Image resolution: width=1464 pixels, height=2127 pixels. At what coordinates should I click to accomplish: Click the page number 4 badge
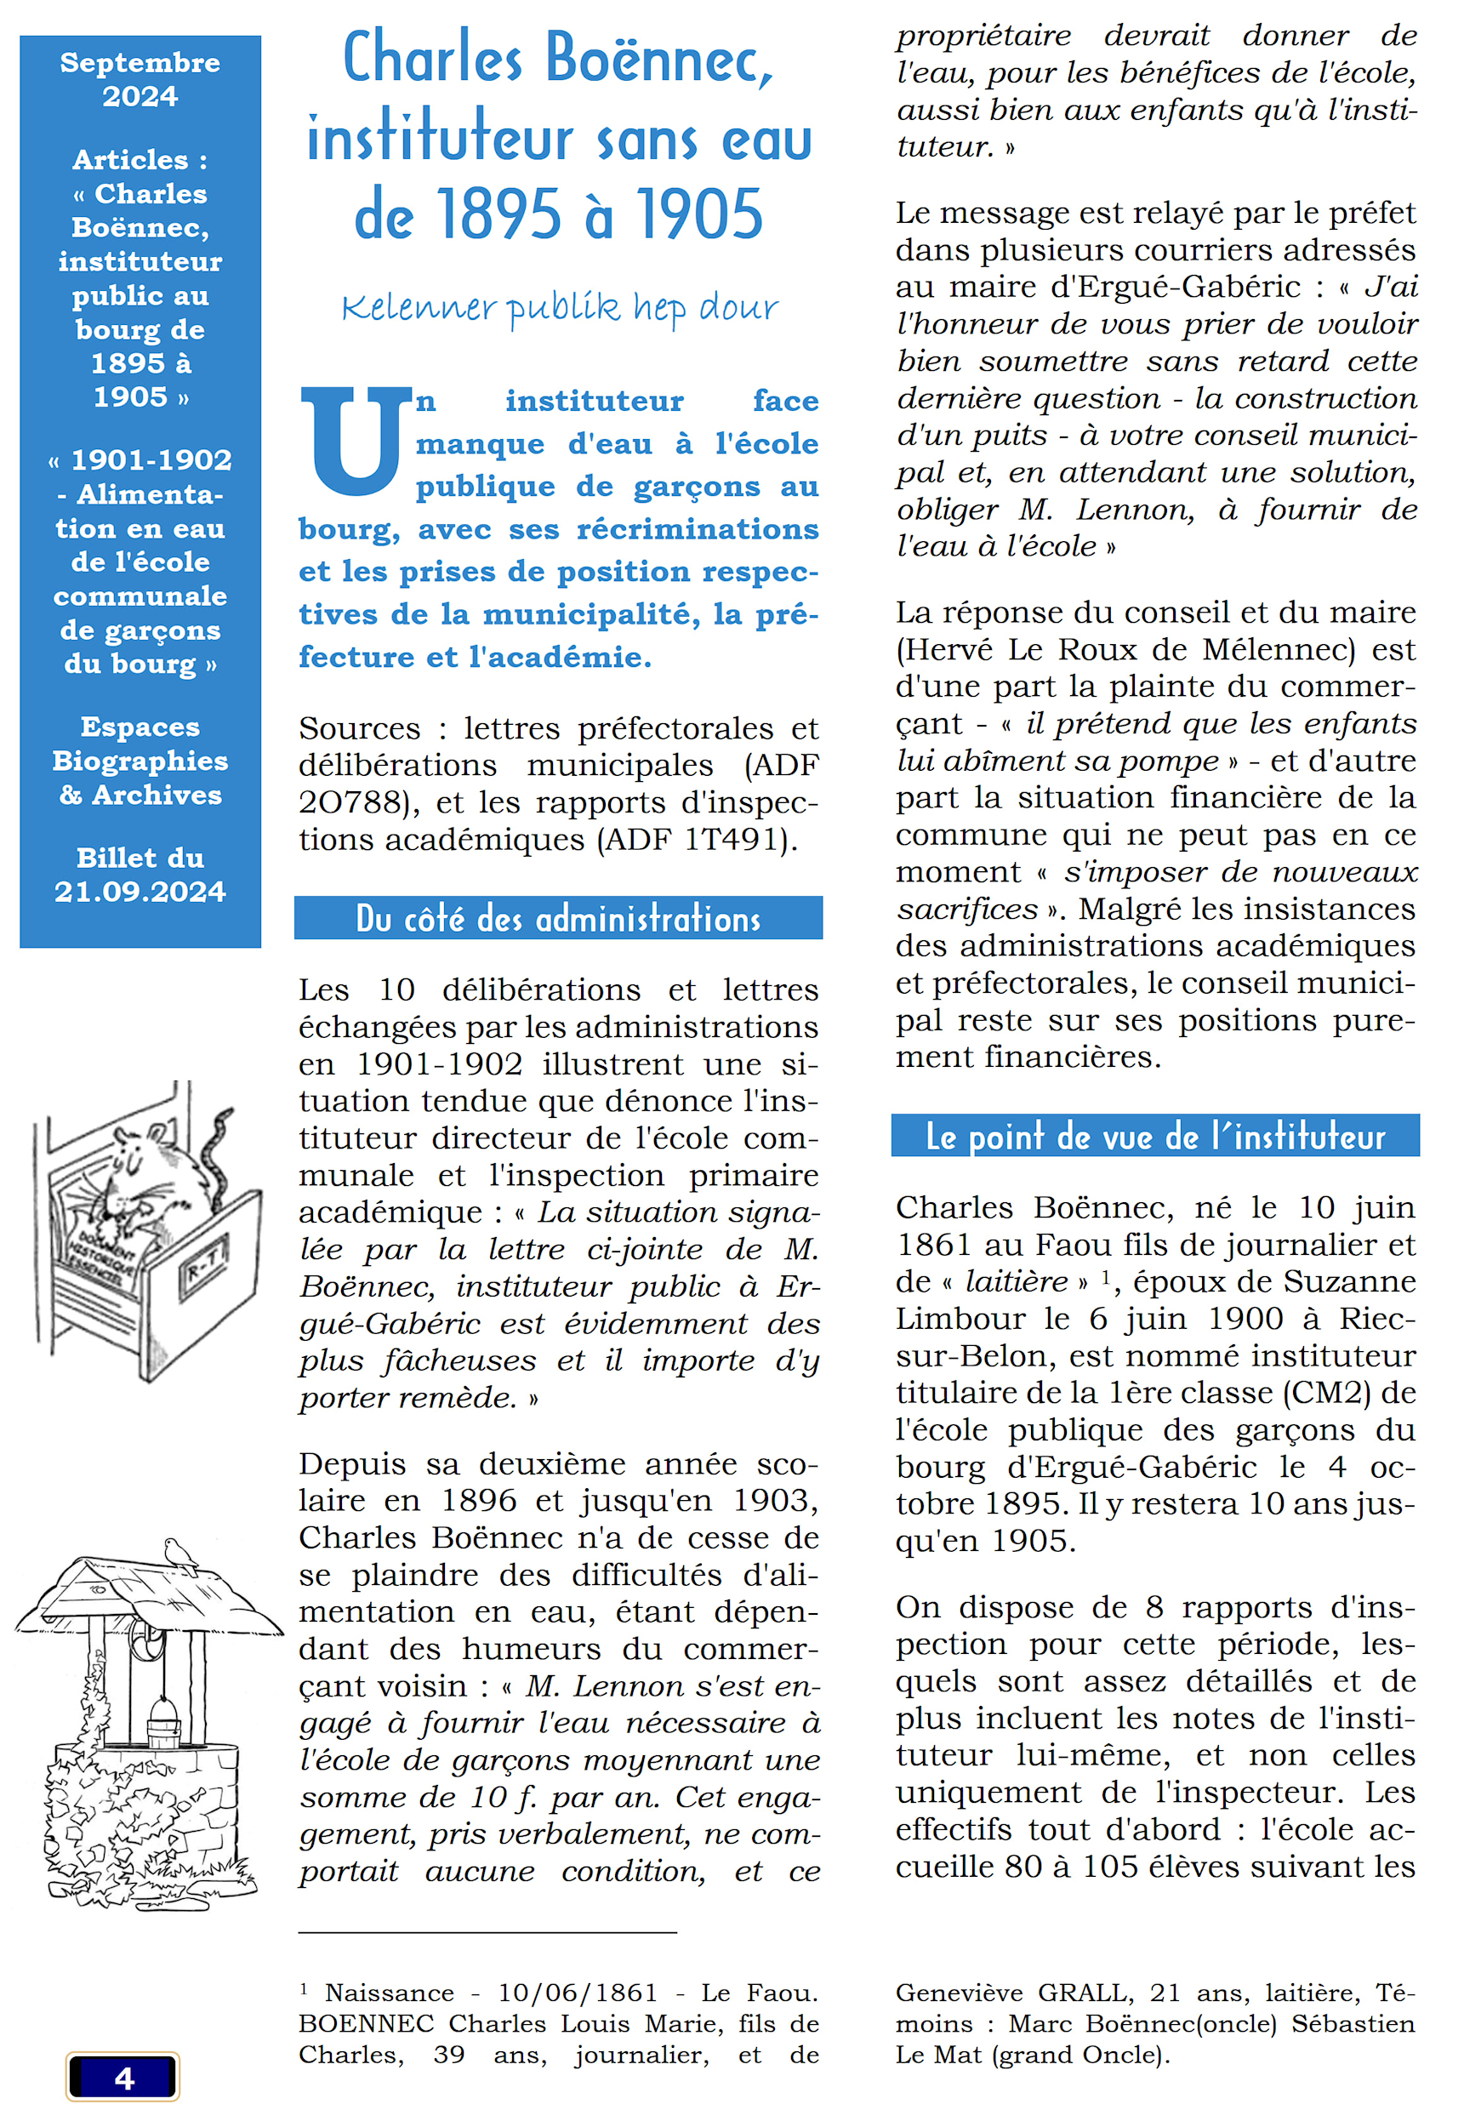tap(122, 2077)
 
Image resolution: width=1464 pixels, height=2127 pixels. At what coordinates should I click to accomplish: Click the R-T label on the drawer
tap(206, 1267)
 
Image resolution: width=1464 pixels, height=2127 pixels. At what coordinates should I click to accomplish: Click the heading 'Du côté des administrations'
tap(558, 918)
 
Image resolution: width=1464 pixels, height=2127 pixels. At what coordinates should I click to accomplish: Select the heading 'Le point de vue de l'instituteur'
tap(1154, 1137)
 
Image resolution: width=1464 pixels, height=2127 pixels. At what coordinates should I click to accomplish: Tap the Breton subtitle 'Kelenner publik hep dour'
tap(560, 308)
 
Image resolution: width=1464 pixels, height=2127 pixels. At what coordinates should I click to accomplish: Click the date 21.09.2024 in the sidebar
tap(140, 892)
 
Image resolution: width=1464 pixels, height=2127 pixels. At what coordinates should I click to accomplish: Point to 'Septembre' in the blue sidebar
tap(140, 62)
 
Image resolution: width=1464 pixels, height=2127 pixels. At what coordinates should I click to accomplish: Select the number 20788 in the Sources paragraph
tap(351, 802)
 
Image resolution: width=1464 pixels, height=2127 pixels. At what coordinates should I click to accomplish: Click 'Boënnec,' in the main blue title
tap(659, 59)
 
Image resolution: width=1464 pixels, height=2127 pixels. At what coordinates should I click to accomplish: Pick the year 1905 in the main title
tap(699, 214)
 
